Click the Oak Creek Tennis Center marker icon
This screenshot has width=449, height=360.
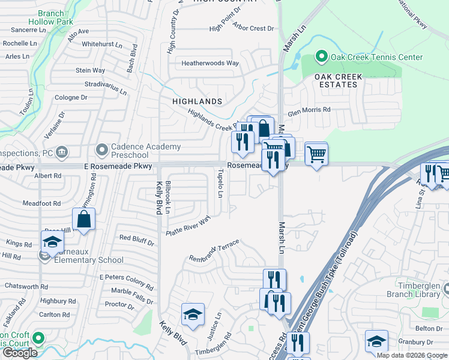click(321, 58)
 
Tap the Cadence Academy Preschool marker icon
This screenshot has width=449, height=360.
click(102, 148)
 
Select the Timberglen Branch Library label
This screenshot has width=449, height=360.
click(415, 290)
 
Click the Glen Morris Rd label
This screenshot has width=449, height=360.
click(309, 110)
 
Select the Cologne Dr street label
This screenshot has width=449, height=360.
click(71, 97)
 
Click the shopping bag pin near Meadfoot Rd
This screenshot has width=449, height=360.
click(85, 220)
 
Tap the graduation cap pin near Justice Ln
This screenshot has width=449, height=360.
click(193, 315)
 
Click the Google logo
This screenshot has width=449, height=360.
click(20, 353)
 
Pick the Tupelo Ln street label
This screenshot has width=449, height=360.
click(220, 184)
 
